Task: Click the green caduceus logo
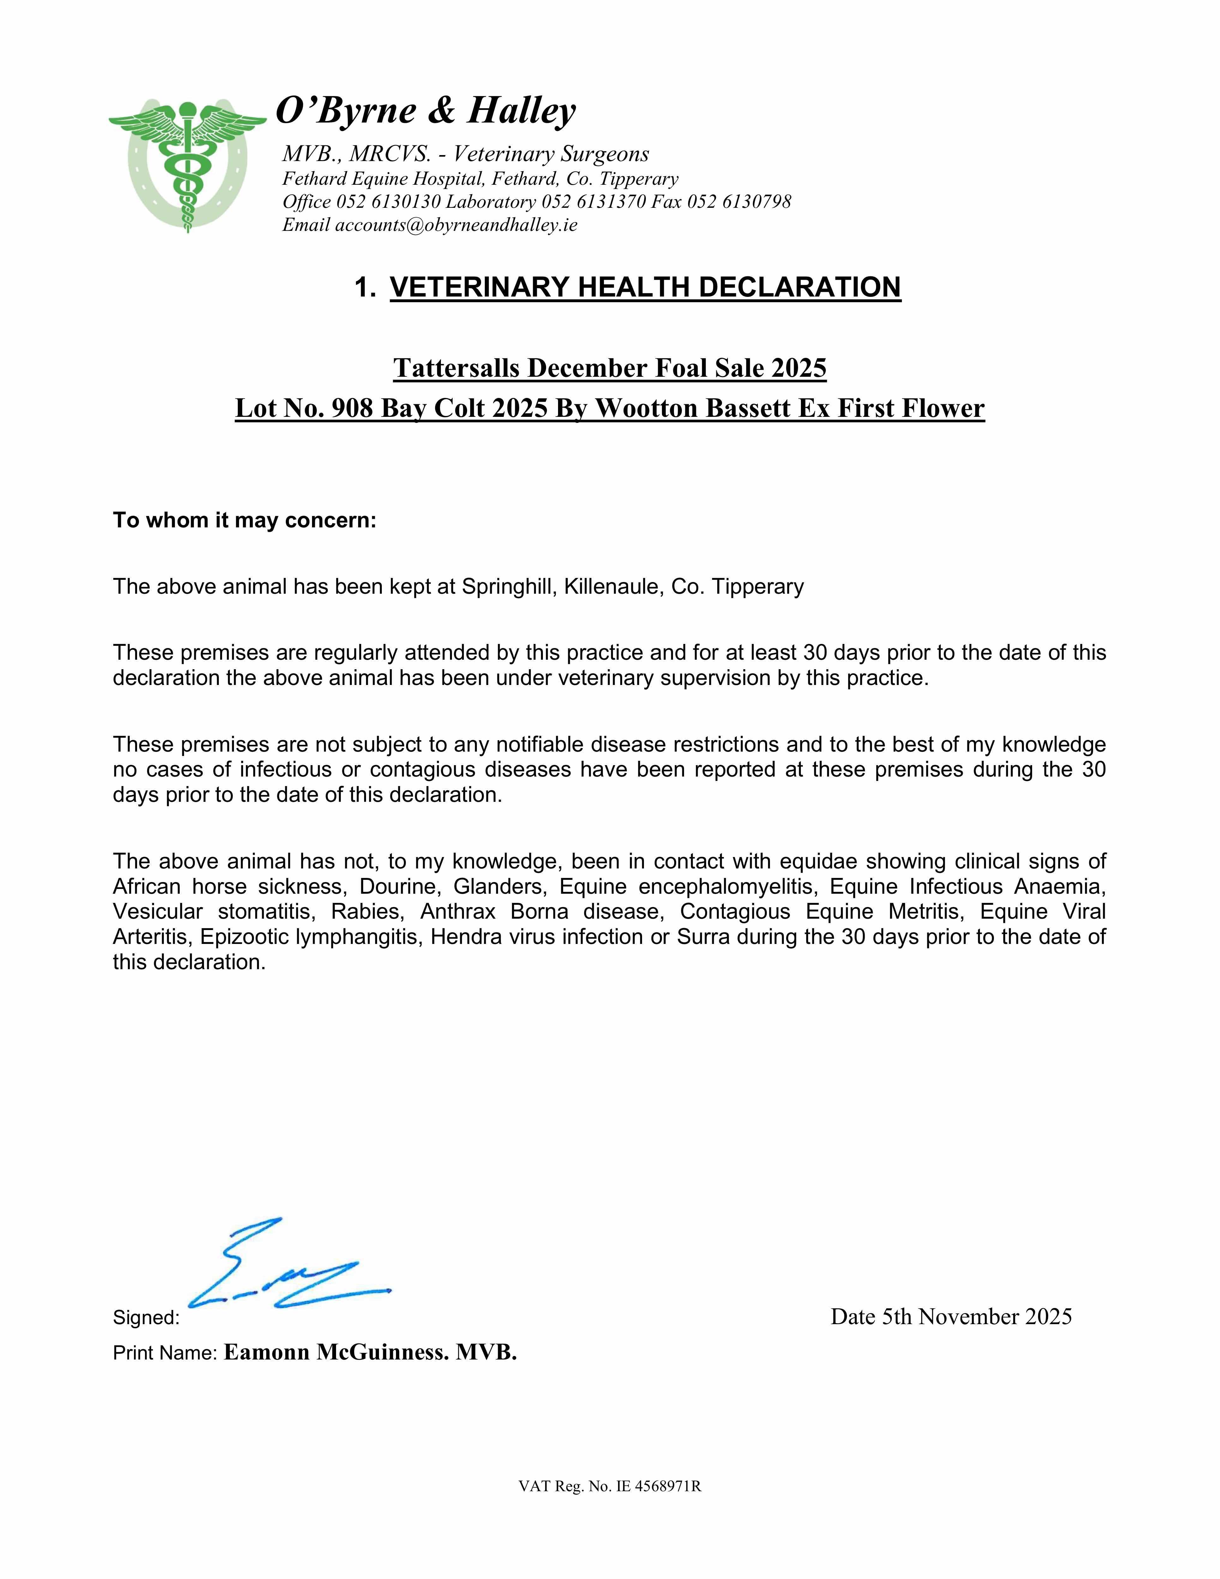(187, 165)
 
